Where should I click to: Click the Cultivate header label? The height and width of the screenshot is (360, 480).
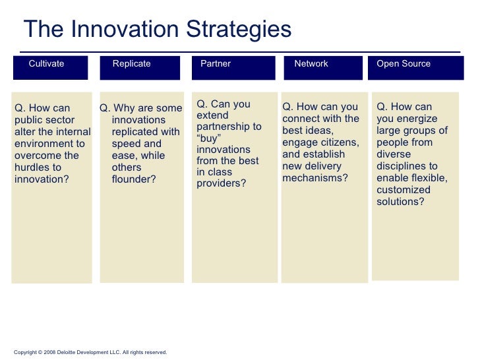pyautogui.click(x=46, y=63)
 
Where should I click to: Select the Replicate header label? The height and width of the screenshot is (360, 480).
pyautogui.click(x=131, y=63)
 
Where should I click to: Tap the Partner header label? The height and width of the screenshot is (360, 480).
pyautogui.click(x=216, y=63)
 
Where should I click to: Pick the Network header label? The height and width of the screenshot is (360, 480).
pyautogui.click(x=311, y=63)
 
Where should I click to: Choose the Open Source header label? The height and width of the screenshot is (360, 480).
pyautogui.click(x=404, y=63)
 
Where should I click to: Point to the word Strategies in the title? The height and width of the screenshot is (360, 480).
pyautogui.click(x=239, y=30)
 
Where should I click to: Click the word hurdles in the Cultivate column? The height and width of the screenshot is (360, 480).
pyautogui.click(x=32, y=167)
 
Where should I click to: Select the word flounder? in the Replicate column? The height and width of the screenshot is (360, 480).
pyautogui.click(x=134, y=179)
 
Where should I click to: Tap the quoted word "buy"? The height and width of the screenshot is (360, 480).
pyautogui.click(x=209, y=138)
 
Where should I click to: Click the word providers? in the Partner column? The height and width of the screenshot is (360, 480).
pyautogui.click(x=222, y=183)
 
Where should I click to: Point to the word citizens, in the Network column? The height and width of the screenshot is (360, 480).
pyautogui.click(x=339, y=142)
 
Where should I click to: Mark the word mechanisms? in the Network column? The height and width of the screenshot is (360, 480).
pyautogui.click(x=315, y=178)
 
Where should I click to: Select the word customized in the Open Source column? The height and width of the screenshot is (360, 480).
pyautogui.click(x=404, y=190)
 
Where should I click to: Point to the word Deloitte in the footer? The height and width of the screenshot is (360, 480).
pyautogui.click(x=66, y=352)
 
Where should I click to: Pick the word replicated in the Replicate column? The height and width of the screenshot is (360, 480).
pyautogui.click(x=133, y=132)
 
